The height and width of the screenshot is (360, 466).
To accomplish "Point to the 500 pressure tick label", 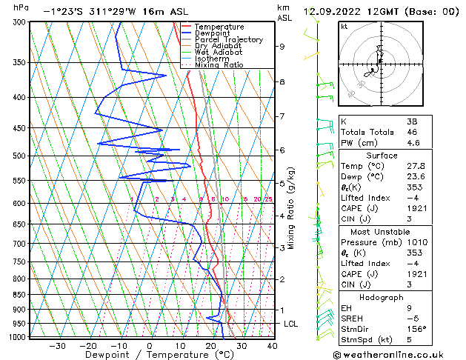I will click(x=20, y=156).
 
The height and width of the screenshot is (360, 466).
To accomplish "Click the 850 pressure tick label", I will click(x=20, y=295).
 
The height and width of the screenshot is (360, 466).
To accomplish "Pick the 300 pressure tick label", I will click(x=20, y=22).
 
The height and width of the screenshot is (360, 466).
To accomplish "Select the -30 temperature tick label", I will click(x=57, y=346).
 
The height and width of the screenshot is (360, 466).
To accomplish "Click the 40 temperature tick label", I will click(x=272, y=346).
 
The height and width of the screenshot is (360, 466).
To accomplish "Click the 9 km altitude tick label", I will click(x=282, y=47).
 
